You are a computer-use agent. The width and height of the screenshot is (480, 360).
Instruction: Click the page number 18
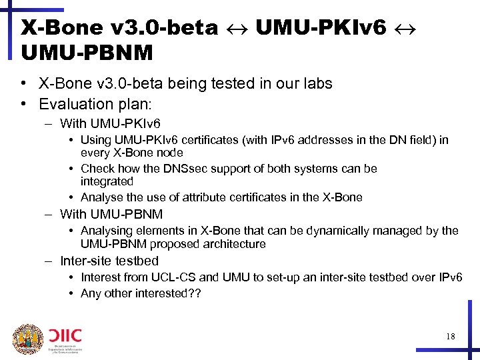[451, 337]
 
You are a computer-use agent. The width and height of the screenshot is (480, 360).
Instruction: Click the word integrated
[107, 181]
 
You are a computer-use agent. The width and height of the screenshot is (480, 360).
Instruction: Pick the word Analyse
[101, 197]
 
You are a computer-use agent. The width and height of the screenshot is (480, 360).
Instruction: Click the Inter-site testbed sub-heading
[109, 261]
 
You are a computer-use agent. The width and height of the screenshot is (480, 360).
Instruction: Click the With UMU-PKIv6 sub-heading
[110, 123]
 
